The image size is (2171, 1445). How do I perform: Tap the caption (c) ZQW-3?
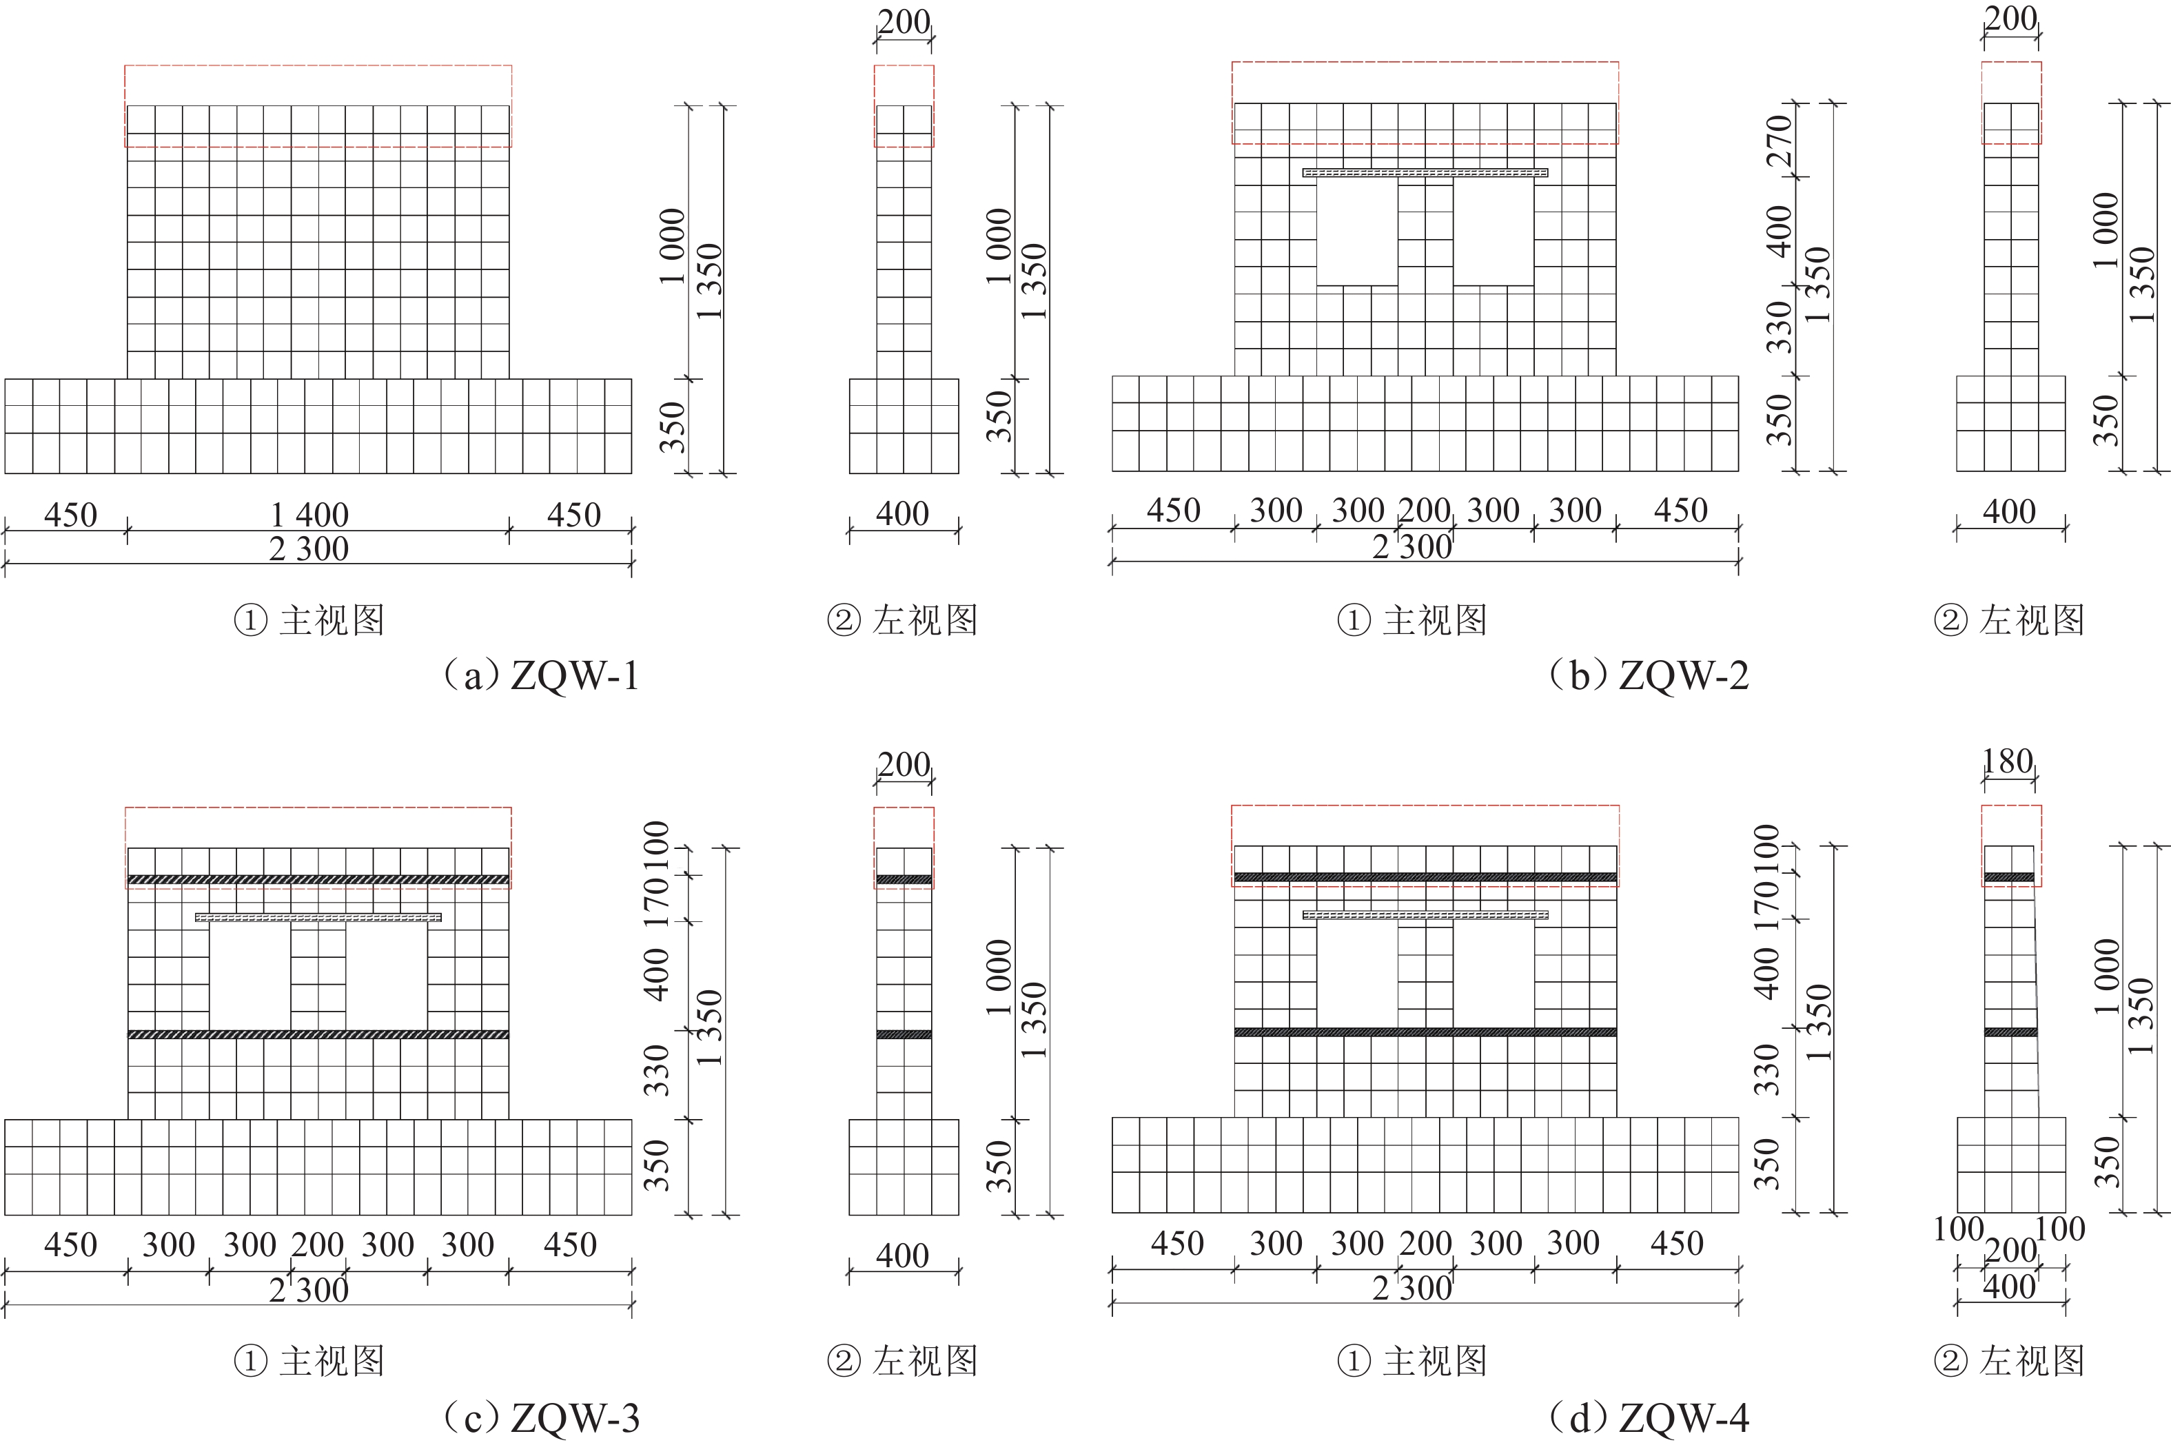coord(541,1417)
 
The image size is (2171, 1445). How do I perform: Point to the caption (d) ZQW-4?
coord(1649,1417)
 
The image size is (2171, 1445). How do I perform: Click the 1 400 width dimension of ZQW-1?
coord(309,514)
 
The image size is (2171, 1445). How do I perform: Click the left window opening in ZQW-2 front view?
coord(1356,232)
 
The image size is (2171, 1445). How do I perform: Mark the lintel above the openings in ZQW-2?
coord(1425,172)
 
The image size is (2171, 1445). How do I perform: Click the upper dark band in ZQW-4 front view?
coord(1425,877)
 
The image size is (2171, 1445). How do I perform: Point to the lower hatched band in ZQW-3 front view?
coord(318,1034)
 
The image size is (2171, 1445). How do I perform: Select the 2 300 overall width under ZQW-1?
coord(309,549)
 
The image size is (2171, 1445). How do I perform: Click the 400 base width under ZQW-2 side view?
coord(2009,511)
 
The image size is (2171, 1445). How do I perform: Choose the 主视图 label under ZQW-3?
coord(332,1360)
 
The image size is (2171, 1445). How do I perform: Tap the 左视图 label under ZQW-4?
coord(2032,1360)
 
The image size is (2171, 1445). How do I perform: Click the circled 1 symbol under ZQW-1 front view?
coord(249,620)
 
